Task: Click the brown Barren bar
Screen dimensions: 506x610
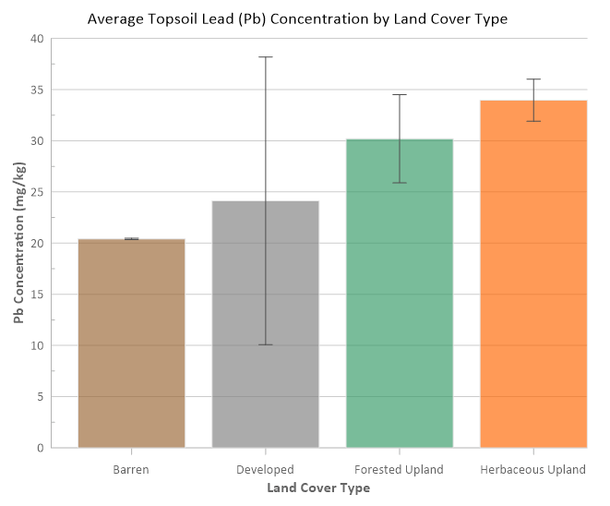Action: coord(131,343)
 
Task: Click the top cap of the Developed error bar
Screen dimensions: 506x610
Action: coord(266,57)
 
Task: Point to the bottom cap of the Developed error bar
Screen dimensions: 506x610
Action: coord(266,344)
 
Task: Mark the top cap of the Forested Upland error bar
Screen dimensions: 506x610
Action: coord(400,95)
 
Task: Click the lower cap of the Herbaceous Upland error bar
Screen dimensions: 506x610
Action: coord(533,121)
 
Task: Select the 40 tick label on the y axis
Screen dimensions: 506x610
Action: coord(36,39)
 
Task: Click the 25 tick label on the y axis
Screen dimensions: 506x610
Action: coord(36,192)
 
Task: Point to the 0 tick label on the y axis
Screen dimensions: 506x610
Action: coord(40,448)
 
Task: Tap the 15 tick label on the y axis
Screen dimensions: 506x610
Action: coord(36,295)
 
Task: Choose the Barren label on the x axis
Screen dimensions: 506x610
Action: coord(131,469)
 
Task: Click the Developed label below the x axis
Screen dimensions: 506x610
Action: coord(266,469)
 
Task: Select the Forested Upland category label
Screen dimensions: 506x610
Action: coord(400,469)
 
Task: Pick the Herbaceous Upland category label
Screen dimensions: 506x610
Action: coord(533,469)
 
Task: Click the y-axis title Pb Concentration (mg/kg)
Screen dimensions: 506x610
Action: coord(18,243)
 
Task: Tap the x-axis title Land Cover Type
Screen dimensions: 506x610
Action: coord(318,487)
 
